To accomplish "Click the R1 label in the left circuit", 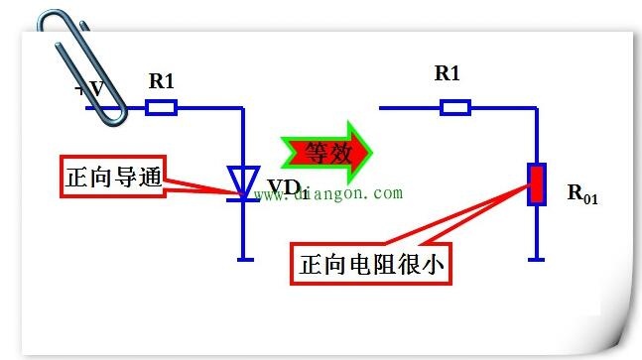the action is [x=162, y=81].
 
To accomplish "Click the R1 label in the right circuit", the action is [x=447, y=73].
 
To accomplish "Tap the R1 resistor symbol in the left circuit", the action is [x=162, y=108].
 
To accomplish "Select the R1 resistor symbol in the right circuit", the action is [x=455, y=108].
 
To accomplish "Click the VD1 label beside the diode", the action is [x=288, y=188].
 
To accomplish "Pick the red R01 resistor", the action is [x=537, y=184].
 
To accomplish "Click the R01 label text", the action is [x=582, y=194].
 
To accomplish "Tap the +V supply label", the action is [x=89, y=88].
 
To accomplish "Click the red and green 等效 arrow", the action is [x=326, y=153].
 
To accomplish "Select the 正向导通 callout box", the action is [x=113, y=177].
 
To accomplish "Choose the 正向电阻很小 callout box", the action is [x=371, y=264].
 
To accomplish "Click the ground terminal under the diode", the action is [x=245, y=260].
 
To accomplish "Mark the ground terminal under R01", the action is [x=536, y=260].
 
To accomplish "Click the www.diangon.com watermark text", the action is [x=328, y=193].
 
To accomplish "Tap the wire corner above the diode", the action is [x=242, y=108].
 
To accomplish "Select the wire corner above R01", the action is [x=536, y=108].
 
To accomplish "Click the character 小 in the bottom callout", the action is [x=433, y=264].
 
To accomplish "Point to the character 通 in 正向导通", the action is [x=150, y=177].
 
